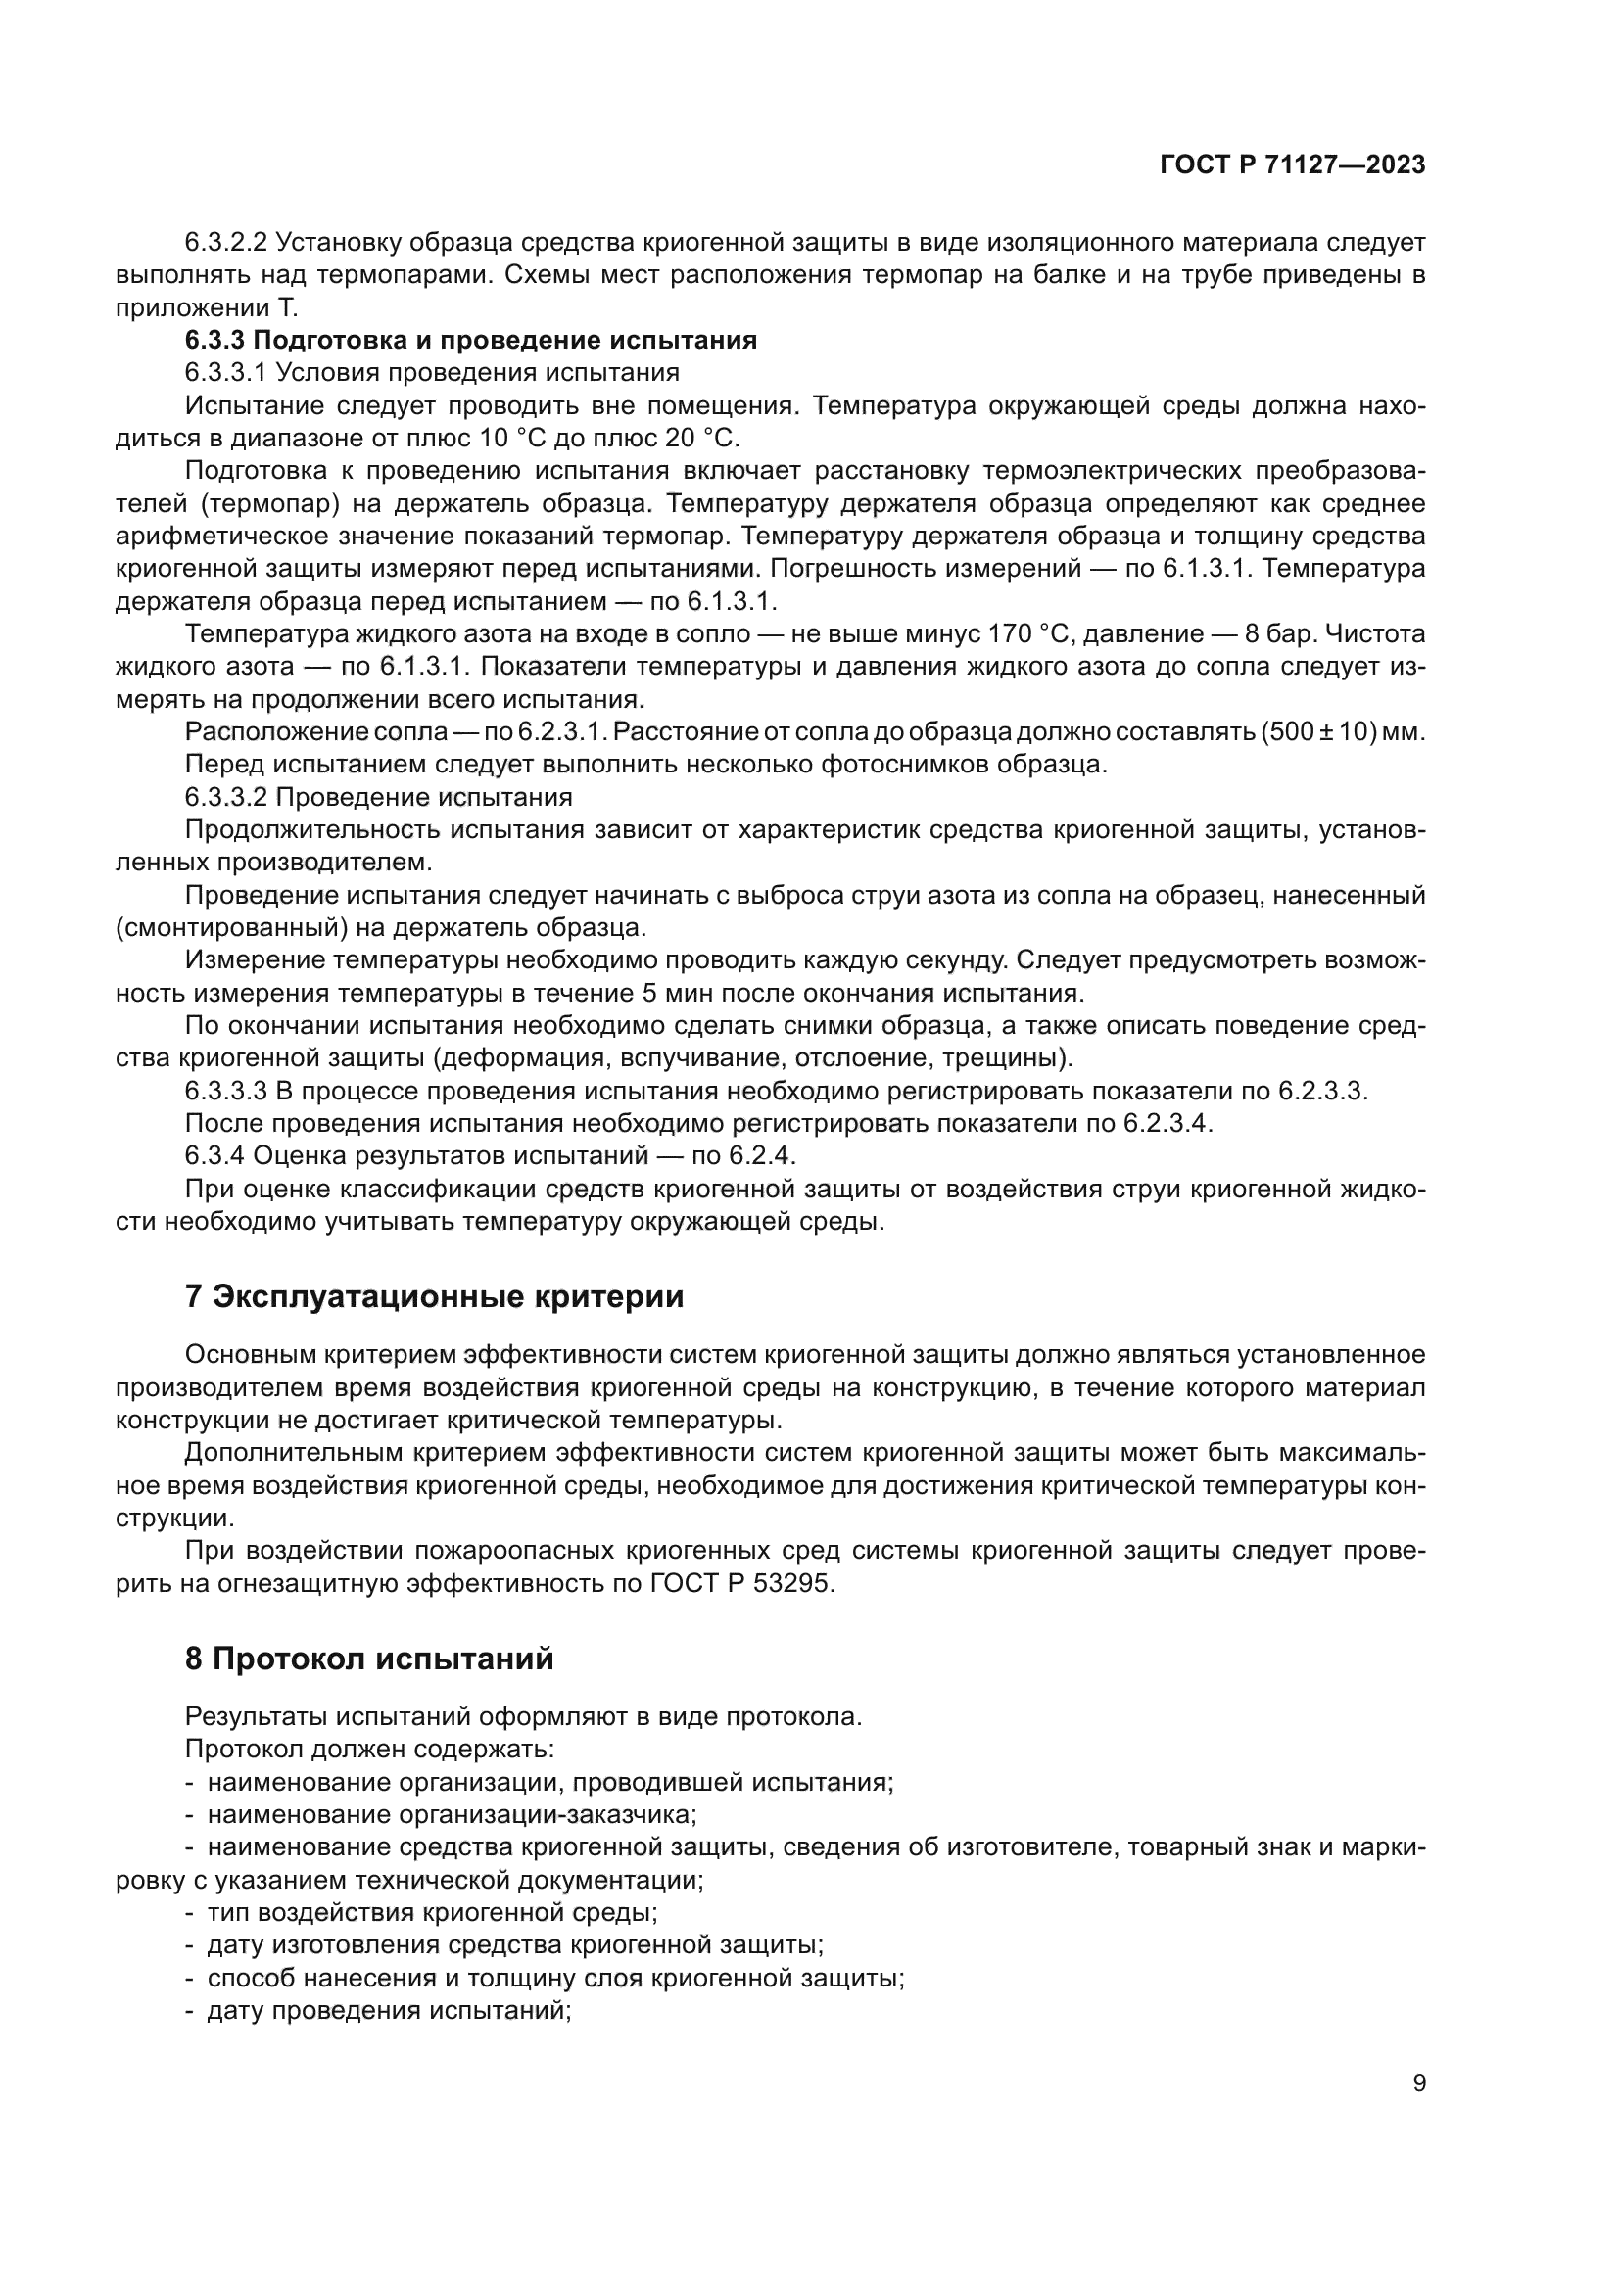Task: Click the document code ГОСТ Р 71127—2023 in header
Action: click(1292, 165)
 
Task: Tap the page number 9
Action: click(1418, 2082)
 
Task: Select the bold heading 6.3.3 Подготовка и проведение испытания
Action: click(471, 340)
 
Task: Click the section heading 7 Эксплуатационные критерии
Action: click(434, 1296)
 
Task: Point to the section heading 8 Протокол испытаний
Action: click(369, 1659)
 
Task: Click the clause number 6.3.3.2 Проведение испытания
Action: click(379, 797)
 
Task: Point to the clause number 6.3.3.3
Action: click(225, 1090)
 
